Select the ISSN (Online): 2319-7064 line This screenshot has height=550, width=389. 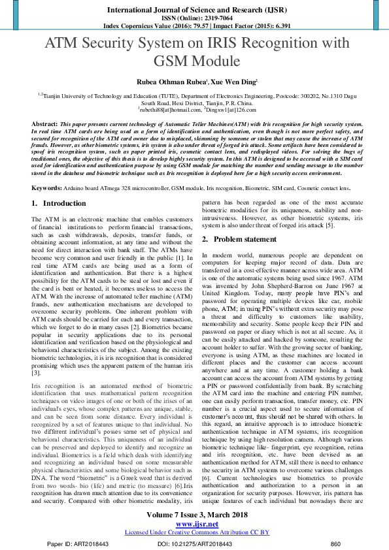pyautogui.click(x=194, y=18)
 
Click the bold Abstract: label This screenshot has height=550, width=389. pyautogui.click(x=44, y=123)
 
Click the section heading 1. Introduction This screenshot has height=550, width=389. pyautogui.click(x=59, y=204)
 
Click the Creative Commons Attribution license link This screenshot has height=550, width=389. pyautogui.click(x=194, y=532)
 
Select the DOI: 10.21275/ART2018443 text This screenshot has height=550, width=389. pyautogui.click(x=195, y=543)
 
